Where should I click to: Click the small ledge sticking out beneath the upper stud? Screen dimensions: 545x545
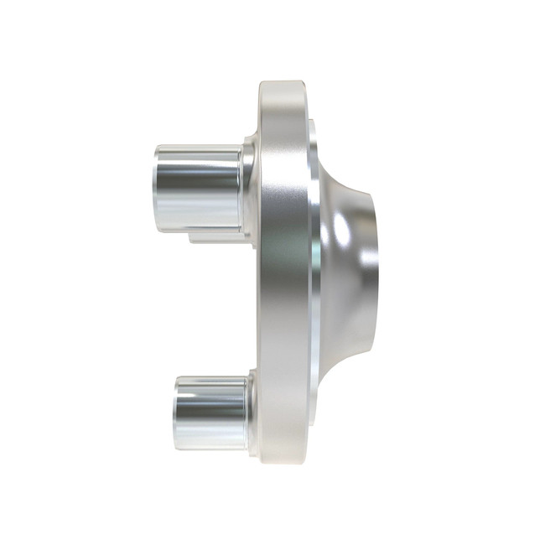218,236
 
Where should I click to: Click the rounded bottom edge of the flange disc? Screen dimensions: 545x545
283,459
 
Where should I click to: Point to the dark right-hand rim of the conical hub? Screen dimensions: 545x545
373,277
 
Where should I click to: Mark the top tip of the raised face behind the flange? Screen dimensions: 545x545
312,126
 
